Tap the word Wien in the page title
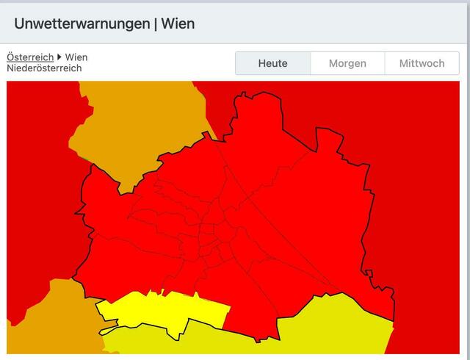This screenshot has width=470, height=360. tap(178, 24)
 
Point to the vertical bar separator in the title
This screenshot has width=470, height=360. tap(156, 24)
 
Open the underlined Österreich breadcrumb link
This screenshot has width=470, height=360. tap(30, 57)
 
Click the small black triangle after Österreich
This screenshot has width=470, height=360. tap(59, 57)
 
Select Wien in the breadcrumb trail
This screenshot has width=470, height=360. tap(76, 57)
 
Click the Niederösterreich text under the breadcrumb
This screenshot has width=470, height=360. tap(44, 68)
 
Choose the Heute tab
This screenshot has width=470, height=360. tap(272, 63)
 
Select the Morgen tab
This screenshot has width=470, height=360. tap(347, 63)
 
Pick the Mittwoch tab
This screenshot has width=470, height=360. tap(422, 63)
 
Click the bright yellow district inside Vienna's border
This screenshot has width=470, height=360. tap(162, 312)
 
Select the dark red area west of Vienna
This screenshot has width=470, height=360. tap(37, 184)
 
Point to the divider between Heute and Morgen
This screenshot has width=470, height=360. tap(311, 63)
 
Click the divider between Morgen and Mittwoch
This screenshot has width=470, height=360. tap(385, 63)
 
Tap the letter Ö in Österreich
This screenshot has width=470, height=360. tap(10, 57)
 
